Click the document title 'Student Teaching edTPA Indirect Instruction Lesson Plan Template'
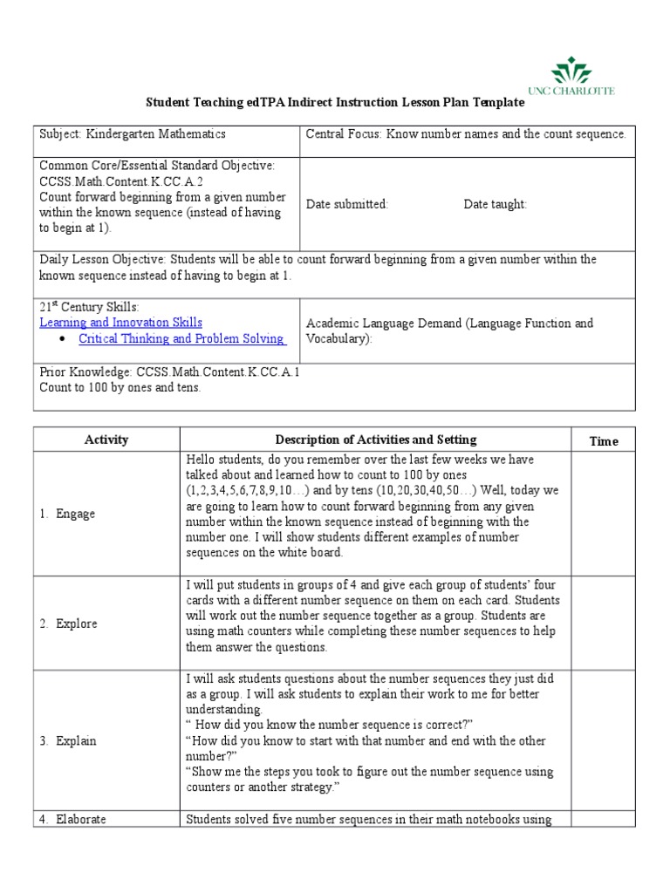[334, 102]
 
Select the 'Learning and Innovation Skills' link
[120, 323]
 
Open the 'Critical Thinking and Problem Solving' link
[181, 338]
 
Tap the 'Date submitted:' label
[347, 204]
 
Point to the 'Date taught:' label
[495, 204]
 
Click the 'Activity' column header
[106, 440]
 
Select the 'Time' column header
[604, 441]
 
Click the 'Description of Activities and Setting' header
[376, 440]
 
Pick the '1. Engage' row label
[67, 514]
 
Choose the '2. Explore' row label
[68, 624]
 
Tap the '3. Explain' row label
[67, 740]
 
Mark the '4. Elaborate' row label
[73, 819]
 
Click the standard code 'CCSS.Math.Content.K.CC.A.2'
[121, 181]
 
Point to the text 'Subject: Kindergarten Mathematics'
[133, 134]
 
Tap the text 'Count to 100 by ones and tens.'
[120, 387]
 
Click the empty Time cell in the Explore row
[604, 624]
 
